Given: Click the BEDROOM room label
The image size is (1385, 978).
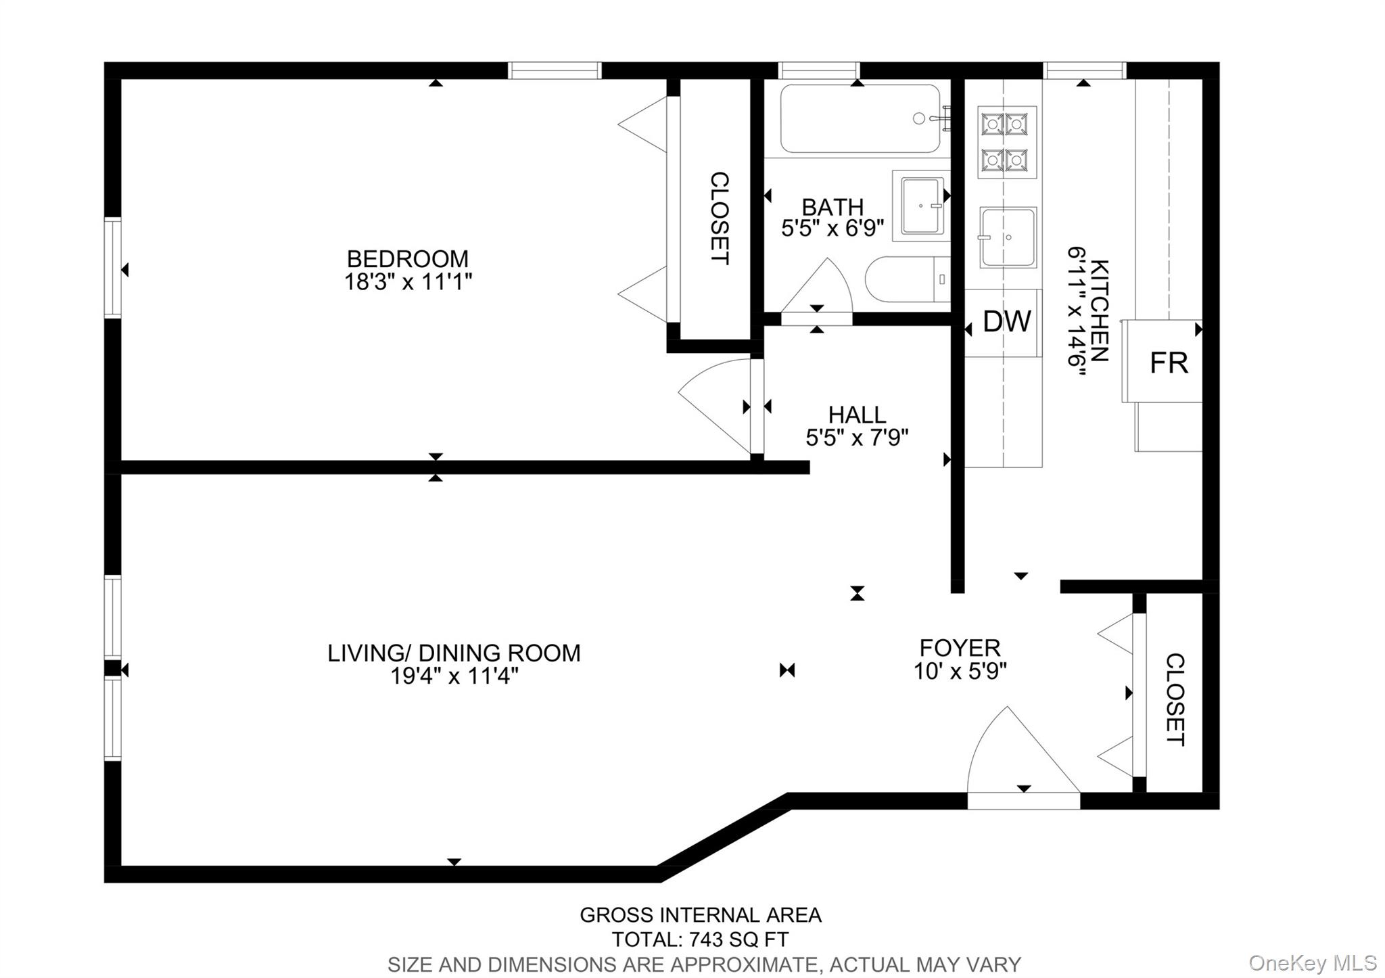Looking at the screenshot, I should pyautogui.click(x=407, y=258).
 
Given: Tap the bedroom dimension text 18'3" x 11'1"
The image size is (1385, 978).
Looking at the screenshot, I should pyautogui.click(x=407, y=281).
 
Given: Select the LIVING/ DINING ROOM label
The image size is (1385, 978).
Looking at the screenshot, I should pyautogui.click(x=454, y=653).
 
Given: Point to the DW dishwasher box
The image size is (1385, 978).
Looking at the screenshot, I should pyautogui.click(x=1006, y=322).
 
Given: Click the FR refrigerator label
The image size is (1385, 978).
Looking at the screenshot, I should pyautogui.click(x=1168, y=363).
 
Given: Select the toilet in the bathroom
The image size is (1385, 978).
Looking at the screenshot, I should pyautogui.click(x=906, y=279).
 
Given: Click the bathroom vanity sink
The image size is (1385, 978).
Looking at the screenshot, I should pyautogui.click(x=921, y=206).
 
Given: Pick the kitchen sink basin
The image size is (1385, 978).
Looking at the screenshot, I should pyautogui.click(x=1008, y=237).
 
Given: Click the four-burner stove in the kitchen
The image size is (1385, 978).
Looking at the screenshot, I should pyautogui.click(x=1006, y=142).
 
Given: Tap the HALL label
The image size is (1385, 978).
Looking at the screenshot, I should pyautogui.click(x=857, y=414).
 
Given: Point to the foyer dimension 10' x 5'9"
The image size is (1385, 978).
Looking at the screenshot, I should pyautogui.click(x=960, y=672).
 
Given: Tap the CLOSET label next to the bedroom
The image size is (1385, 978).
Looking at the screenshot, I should pyautogui.click(x=719, y=218).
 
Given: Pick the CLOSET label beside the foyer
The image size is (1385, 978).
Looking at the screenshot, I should pyautogui.click(x=1175, y=699).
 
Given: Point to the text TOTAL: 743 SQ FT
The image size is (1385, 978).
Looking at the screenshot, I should pyautogui.click(x=700, y=939).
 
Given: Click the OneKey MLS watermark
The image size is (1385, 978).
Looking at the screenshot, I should pyautogui.click(x=1312, y=962).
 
